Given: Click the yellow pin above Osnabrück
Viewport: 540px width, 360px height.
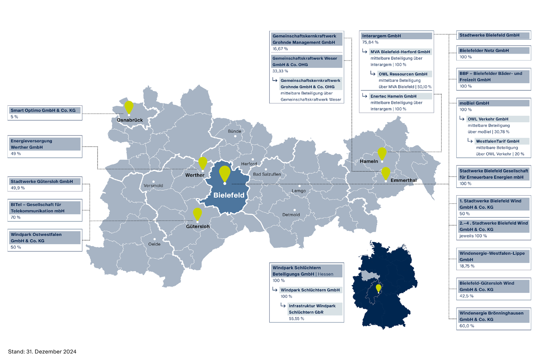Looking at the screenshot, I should pos(129,107).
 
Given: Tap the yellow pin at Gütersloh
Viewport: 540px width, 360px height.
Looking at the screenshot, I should pos(197,214).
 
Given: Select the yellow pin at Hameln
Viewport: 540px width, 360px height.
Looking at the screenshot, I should pos(382,153).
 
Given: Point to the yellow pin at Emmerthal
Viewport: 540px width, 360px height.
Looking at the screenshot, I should pos(386,173).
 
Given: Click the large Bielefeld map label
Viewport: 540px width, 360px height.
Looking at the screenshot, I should pos(229,195).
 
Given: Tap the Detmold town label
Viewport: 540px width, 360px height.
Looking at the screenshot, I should pos(291,215).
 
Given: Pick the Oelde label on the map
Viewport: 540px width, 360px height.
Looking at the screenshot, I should pos(154,244).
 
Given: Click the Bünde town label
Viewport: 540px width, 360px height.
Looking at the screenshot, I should pos(235,131).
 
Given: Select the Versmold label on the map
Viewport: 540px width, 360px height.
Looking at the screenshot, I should pos(153,186).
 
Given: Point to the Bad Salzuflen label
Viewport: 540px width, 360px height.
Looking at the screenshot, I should pos(267,174).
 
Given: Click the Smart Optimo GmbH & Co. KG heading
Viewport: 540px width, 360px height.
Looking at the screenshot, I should pos(43,110).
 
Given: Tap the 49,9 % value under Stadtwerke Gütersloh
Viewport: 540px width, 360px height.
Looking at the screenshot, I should pos(18,188).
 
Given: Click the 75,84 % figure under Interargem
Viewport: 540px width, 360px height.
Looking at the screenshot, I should pos(370,42).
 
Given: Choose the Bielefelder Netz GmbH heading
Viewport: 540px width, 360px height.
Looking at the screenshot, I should pos(484,51).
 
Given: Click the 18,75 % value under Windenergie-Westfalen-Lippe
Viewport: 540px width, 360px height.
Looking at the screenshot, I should pos(467,266).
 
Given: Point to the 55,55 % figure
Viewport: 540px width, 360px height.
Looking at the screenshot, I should pos(297,319).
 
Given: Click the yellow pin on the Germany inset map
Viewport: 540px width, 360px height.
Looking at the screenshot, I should pos(378,288).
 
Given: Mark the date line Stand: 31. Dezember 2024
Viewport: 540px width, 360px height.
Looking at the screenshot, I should pos(42,352).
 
